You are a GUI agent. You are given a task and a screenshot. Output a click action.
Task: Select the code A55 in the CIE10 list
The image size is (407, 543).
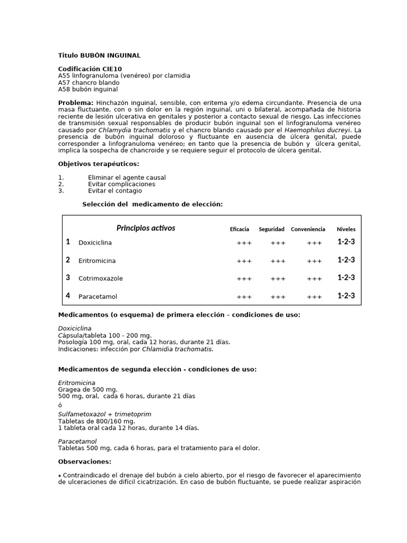64,76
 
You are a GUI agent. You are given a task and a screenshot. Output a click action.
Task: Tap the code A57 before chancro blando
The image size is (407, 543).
64,83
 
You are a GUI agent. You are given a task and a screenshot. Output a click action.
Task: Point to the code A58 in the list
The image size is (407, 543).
64,90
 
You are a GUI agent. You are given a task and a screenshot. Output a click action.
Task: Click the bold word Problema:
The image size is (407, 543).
76,102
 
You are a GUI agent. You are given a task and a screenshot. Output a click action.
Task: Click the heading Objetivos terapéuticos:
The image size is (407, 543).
99,164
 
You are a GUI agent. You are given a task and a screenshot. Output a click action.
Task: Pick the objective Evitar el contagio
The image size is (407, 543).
115,191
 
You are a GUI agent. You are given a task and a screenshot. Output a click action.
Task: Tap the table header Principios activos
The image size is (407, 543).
146,229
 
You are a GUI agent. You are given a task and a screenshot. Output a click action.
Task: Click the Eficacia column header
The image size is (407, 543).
240,230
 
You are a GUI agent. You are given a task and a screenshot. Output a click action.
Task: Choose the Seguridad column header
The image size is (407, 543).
271,230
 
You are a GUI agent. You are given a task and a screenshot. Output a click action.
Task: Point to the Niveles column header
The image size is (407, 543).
346,230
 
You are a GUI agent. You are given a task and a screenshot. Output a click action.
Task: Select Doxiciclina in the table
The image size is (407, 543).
95,243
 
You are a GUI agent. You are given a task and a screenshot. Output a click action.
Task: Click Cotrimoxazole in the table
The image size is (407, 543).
101,278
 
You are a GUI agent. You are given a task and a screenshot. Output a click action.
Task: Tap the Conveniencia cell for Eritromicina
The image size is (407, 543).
314,261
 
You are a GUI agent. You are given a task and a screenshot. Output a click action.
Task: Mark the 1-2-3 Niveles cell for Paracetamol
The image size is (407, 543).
346,296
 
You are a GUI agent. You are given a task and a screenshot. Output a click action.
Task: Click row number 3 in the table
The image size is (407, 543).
68,277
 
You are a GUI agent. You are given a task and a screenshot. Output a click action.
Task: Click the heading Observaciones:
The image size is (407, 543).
85,461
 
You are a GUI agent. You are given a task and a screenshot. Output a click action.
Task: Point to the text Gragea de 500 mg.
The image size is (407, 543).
87,389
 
